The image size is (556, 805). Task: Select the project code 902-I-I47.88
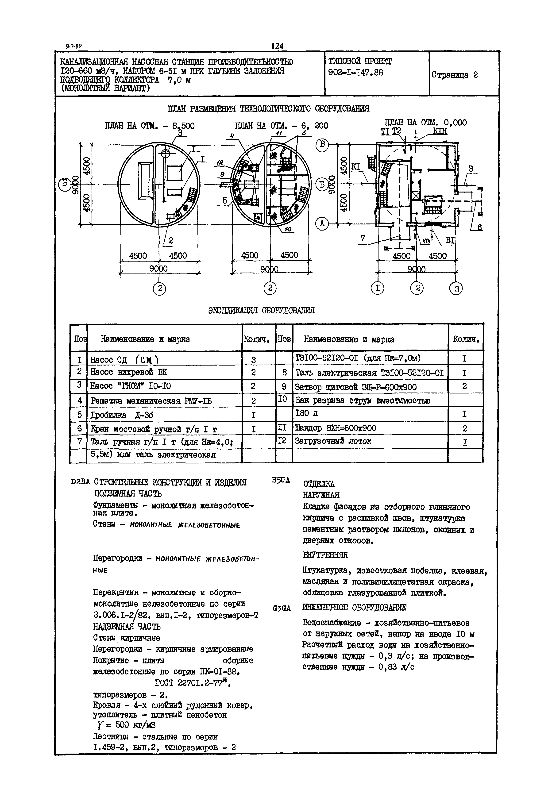356,73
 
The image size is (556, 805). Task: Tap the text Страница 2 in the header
455,75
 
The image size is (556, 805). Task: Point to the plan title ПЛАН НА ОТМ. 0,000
425,122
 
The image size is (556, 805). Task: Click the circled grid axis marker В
322,146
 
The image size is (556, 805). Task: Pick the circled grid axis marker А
322,224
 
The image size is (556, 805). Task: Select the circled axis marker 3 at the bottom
456,289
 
